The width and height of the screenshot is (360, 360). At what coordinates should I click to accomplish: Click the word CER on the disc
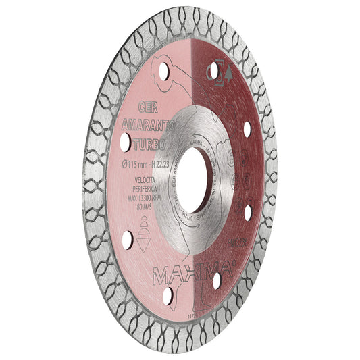(149, 107)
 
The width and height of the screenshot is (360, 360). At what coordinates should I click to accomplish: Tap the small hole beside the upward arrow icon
(214, 70)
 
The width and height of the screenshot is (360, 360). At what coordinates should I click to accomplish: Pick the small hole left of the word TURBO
(126, 142)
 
